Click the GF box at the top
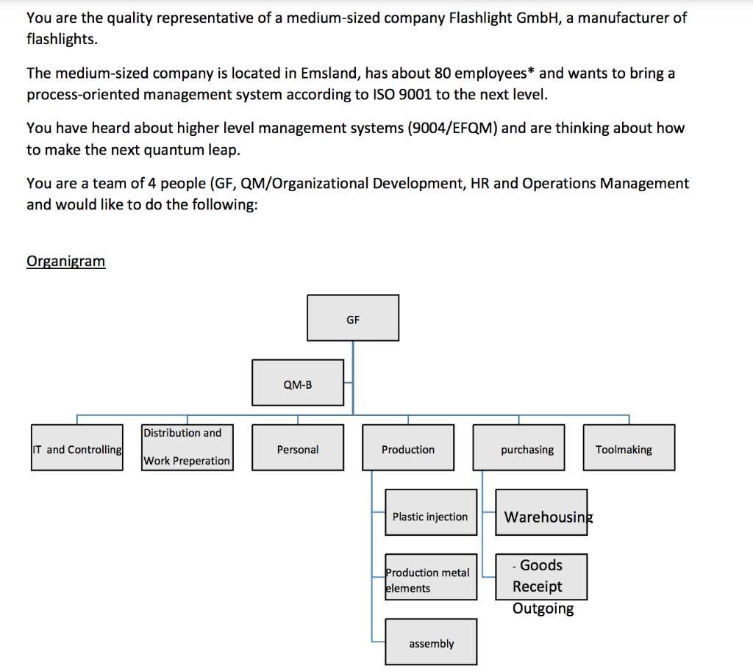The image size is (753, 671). click(x=353, y=318)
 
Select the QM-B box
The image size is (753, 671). click(x=297, y=383)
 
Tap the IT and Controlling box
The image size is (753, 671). click(x=76, y=448)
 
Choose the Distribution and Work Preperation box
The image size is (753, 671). click(x=187, y=447)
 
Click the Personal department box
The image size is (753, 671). click(x=297, y=448)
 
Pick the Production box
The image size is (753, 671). click(x=408, y=448)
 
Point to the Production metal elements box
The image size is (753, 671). click(x=431, y=577)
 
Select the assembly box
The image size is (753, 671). click(x=431, y=642)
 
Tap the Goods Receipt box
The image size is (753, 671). click(x=541, y=576)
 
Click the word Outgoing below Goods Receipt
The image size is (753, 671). click(x=543, y=609)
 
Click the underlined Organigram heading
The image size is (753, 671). click(x=65, y=262)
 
